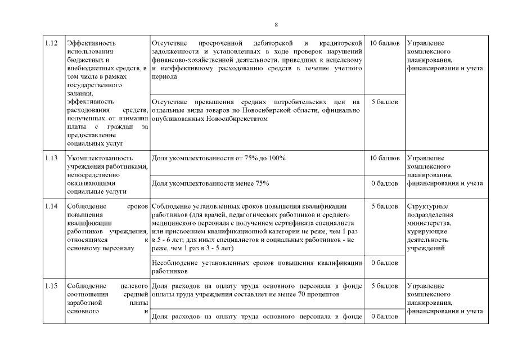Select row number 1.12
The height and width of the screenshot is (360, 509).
click(x=51, y=43)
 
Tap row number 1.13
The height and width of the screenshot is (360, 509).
click(x=51, y=158)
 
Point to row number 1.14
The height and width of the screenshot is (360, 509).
click(x=51, y=206)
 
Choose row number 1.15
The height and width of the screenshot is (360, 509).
click(x=51, y=286)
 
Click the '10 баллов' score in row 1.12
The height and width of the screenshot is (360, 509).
click(x=385, y=43)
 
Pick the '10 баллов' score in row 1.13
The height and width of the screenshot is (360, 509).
click(x=385, y=158)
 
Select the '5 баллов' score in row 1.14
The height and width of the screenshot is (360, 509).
click(x=385, y=206)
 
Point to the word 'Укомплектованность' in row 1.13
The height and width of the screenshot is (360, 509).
click(x=100, y=158)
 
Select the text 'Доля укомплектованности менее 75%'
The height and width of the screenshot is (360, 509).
click(x=210, y=183)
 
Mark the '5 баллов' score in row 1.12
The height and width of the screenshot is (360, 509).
click(x=385, y=102)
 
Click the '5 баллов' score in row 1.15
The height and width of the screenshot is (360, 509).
click(x=385, y=286)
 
